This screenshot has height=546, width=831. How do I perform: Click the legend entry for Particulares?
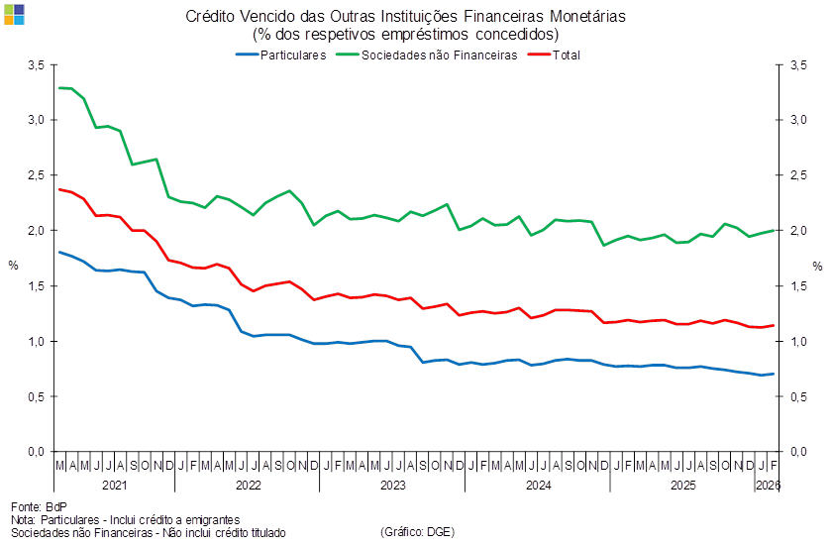point(292,55)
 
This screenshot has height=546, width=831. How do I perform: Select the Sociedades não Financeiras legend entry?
point(440,55)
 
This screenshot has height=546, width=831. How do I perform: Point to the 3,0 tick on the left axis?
point(38,120)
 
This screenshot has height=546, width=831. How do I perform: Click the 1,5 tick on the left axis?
point(38,286)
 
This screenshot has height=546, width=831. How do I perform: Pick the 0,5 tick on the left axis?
point(38,397)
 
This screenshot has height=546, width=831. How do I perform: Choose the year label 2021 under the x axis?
point(114,486)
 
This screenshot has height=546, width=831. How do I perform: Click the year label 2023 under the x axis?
point(393,486)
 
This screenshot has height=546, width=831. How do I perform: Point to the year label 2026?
point(769,486)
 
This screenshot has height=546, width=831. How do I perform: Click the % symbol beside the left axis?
point(13,266)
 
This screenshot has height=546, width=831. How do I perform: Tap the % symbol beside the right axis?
point(817,266)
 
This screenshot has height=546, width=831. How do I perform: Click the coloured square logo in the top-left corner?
point(14,14)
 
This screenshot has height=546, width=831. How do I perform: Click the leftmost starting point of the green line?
point(59,88)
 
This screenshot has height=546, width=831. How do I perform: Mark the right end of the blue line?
point(775,374)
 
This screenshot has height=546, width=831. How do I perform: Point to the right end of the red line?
point(775,325)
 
